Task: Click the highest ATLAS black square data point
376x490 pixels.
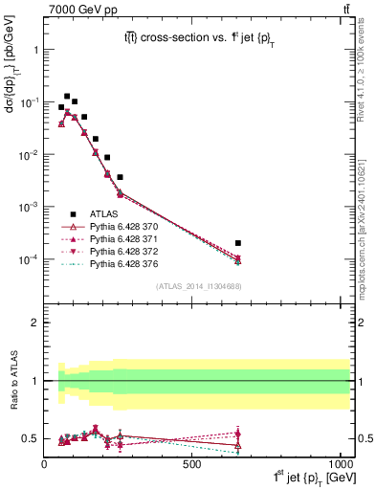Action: click(67, 97)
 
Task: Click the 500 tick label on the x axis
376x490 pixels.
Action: click(192, 463)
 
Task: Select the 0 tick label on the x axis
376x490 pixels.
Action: click(44, 463)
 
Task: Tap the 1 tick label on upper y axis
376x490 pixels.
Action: click(34, 49)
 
